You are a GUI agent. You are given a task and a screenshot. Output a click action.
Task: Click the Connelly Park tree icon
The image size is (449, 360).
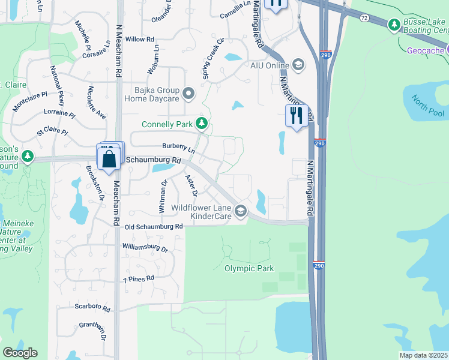coord(202,124)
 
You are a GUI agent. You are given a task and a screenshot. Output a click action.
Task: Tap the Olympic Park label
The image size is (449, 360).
coord(249,268)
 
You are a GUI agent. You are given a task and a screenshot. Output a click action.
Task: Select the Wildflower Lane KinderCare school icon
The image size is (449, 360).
coord(241,210)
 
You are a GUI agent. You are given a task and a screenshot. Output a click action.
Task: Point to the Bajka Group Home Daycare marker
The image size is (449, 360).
coord(188,93)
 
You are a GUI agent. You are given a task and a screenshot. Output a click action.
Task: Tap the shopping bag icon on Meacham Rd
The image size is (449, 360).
coord(109,159)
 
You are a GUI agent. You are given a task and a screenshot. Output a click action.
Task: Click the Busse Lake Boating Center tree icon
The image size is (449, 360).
coord(394,25)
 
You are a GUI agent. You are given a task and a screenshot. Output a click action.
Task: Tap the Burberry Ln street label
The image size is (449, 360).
coord(179,147)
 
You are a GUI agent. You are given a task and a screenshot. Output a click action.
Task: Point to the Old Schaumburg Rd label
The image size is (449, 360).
coord(154,227)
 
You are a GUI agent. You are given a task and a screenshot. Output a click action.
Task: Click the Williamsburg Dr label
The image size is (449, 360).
coord(145,247)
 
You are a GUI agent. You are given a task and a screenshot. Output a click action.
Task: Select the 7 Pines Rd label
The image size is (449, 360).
coord(139,279)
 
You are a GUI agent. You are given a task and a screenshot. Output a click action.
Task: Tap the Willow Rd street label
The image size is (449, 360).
coord(140,39)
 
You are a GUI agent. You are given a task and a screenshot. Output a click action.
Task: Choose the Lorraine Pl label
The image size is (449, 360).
coord(59,113)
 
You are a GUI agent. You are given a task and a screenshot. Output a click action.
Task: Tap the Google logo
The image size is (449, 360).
coord(20,353)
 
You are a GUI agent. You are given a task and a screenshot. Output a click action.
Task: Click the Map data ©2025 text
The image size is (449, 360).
coord(422,355)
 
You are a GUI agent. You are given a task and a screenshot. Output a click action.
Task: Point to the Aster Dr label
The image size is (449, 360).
coord(191,185)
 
